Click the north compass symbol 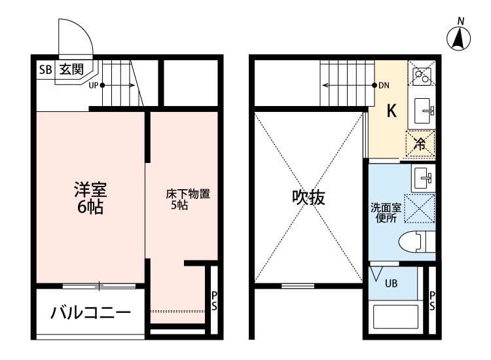(x=460, y=39)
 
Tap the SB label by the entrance (x=45, y=68)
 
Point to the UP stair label (x=93, y=84)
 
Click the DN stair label (x=385, y=85)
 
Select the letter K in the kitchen (x=391, y=111)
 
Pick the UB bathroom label (x=390, y=284)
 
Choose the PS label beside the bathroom (x=432, y=302)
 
